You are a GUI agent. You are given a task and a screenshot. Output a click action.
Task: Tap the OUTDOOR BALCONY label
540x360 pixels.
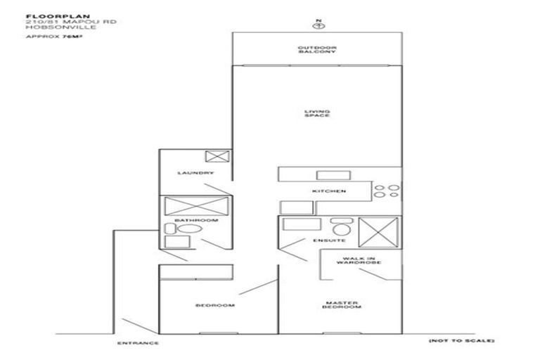(318, 51)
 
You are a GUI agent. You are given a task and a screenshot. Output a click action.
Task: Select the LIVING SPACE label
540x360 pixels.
(317, 113)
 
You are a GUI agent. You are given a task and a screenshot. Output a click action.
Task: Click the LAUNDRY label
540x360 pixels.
(195, 173)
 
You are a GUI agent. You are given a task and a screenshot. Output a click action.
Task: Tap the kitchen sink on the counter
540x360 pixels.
(328, 175)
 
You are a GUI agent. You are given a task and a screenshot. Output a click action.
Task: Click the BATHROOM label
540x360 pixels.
(196, 221)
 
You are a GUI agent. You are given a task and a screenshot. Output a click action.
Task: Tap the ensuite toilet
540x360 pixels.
(341, 229)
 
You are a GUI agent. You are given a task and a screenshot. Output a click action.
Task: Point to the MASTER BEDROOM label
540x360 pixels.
(342, 304)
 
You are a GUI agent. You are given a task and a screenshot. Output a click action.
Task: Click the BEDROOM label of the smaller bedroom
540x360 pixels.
(214, 306)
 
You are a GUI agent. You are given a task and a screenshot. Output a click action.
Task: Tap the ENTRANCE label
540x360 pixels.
(137, 343)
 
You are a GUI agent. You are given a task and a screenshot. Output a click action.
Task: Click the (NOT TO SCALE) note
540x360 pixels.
(461, 340)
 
